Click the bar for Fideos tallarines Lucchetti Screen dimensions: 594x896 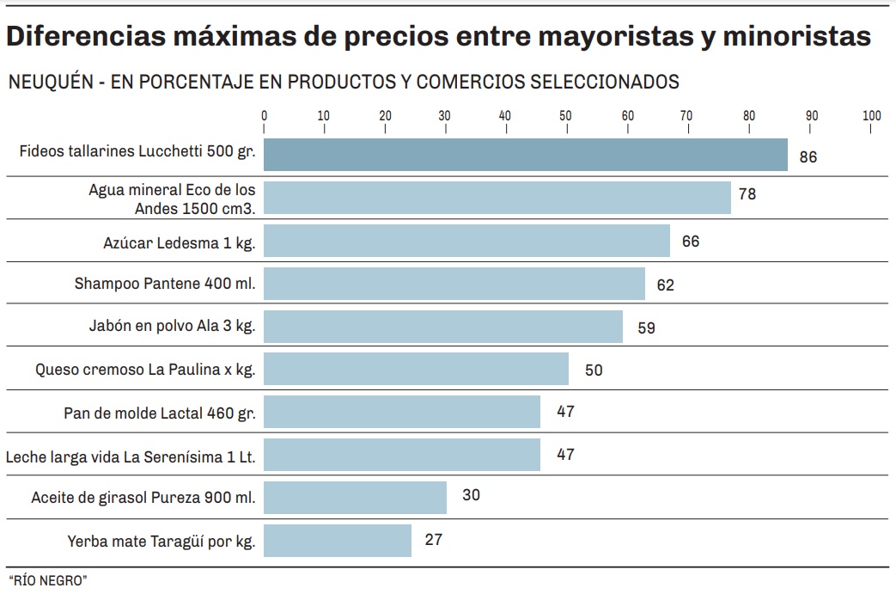[x=525, y=155]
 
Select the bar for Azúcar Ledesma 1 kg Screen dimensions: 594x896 [x=466, y=241]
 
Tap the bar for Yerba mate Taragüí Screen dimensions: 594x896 [x=338, y=541]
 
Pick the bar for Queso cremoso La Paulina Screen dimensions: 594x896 [x=416, y=369]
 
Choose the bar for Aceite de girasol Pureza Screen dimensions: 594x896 [x=355, y=498]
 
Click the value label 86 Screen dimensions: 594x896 [x=808, y=157]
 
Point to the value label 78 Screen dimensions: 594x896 [x=747, y=194]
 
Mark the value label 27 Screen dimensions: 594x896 [x=434, y=540]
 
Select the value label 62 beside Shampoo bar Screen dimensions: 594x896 [x=665, y=285]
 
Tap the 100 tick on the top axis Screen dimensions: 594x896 [x=872, y=116]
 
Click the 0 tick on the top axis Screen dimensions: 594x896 [x=264, y=116]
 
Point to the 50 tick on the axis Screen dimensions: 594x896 [x=565, y=116]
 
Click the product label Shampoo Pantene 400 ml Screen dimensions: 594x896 [x=165, y=284]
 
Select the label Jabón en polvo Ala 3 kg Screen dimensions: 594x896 [x=172, y=327]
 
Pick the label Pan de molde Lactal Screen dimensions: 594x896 [x=160, y=413]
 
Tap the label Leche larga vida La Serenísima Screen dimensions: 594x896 [x=131, y=456]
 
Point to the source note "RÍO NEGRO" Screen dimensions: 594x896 [x=47, y=580]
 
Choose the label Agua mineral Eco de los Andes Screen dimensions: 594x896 [x=172, y=199]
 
